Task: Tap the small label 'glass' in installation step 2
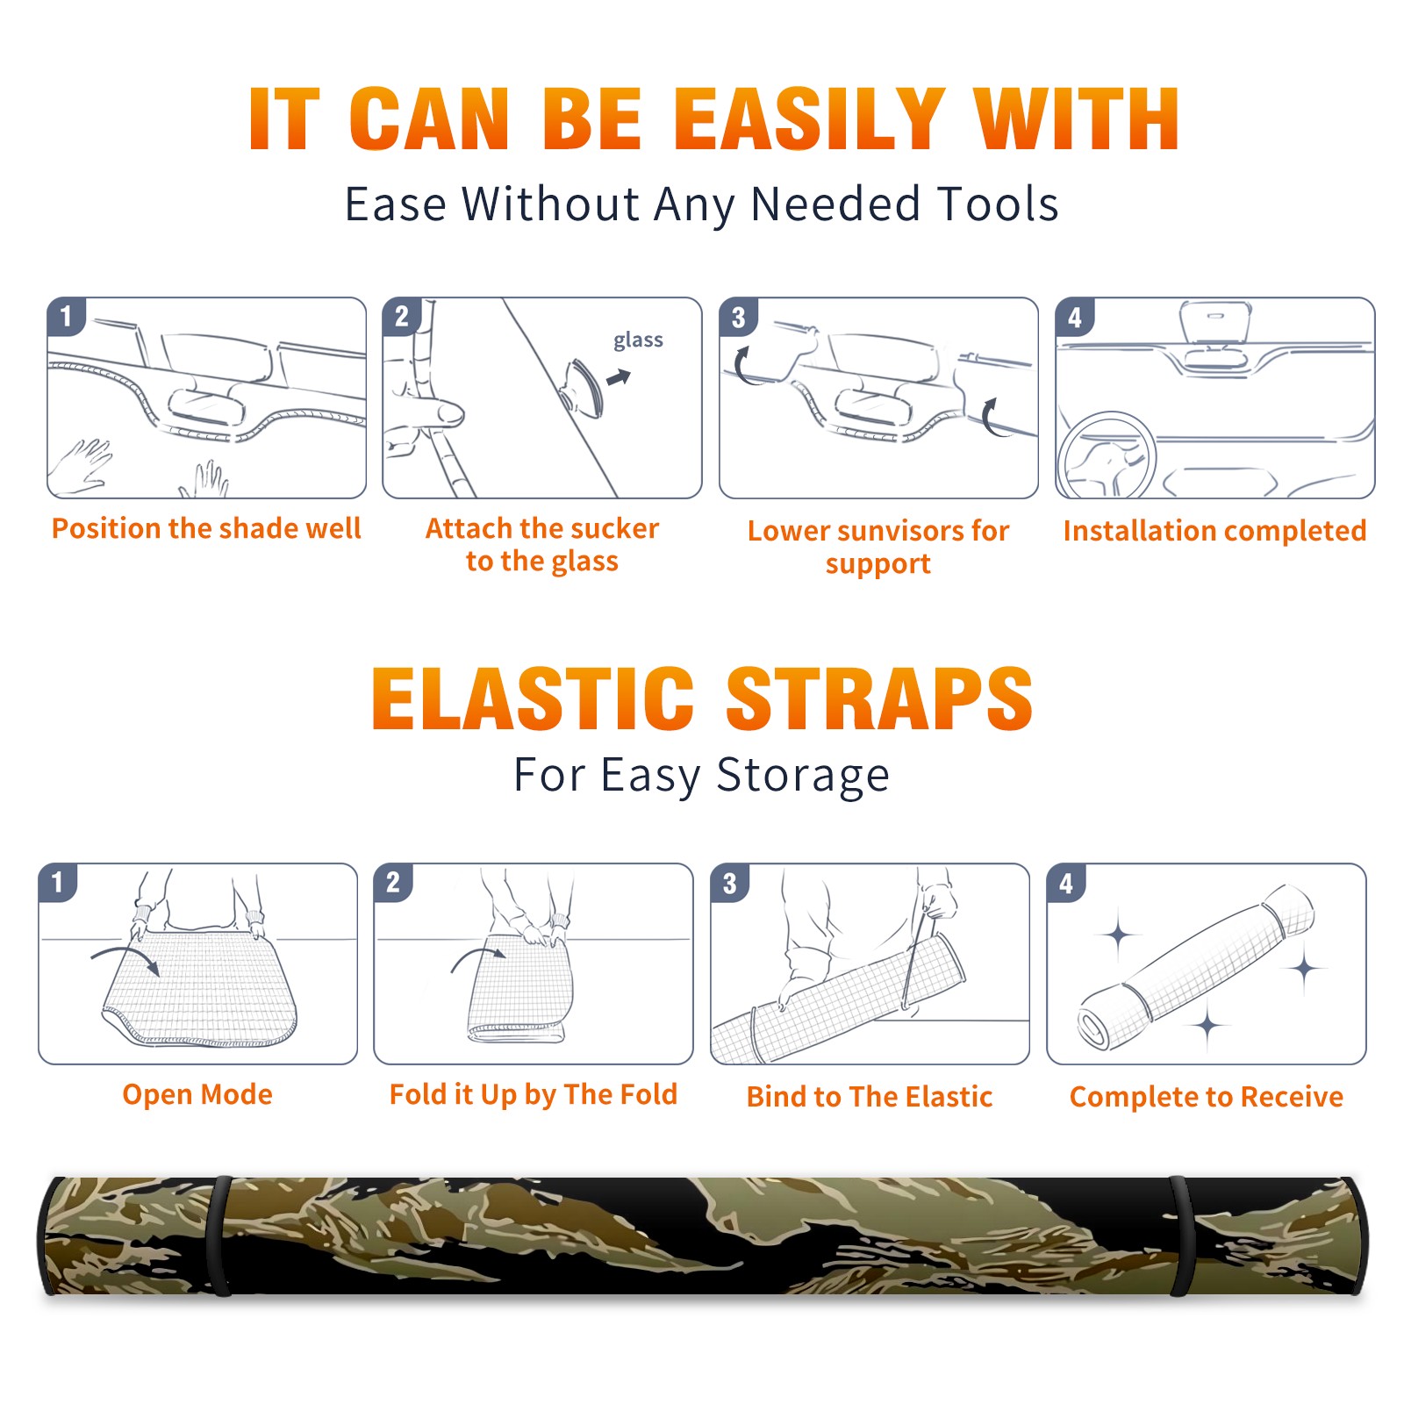638,340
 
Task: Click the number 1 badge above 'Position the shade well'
67,316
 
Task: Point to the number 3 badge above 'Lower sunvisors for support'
738,317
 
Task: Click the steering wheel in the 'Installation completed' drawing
1107,455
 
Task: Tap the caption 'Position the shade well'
206,528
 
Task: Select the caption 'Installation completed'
1214,531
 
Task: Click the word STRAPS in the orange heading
879,698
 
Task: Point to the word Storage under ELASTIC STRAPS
803,777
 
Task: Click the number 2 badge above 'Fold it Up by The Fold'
393,882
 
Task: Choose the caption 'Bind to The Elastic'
870,1097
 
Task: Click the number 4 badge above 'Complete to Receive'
1066,883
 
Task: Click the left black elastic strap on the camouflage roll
220,1236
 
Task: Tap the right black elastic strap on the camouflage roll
1183,1236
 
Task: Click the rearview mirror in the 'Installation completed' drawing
1215,323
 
